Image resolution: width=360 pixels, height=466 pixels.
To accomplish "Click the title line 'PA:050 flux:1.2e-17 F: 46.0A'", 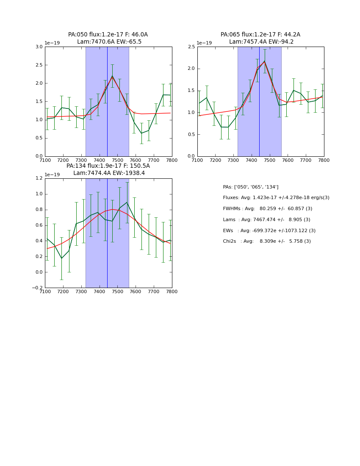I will point(108,35).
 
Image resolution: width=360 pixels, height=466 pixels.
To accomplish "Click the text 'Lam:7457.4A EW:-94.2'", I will point(261,42).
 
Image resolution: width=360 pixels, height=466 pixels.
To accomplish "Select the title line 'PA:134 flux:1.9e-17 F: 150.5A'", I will point(108,166).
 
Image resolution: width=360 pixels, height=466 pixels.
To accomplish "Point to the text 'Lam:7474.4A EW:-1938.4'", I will point(109,173).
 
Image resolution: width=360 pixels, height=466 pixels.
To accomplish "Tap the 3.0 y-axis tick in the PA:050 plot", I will point(39,47).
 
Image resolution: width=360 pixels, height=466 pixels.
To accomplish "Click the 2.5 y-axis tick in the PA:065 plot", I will point(191,47).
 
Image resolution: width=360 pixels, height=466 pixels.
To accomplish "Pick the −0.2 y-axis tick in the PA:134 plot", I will point(37,288).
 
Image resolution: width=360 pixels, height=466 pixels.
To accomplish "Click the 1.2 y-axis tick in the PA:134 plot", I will point(39,178).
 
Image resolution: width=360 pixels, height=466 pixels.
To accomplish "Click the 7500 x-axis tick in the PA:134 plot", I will point(117,292).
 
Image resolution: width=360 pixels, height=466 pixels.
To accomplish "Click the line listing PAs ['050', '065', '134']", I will point(251,187).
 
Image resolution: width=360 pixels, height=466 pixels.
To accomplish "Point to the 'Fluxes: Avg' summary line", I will point(276,198).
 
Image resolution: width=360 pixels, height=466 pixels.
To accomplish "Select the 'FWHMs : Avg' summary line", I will point(267,209).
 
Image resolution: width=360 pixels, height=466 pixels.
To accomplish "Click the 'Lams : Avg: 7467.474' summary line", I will point(266,220).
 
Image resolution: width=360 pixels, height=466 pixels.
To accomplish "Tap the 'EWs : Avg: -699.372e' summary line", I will point(269,231).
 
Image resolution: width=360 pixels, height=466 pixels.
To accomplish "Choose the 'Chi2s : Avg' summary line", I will point(267,241).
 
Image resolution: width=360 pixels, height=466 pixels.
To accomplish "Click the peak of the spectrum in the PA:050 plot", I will point(112,76).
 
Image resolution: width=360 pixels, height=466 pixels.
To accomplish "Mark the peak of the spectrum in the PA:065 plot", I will point(265,61).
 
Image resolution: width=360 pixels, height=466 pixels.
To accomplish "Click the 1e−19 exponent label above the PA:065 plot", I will point(204,43).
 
